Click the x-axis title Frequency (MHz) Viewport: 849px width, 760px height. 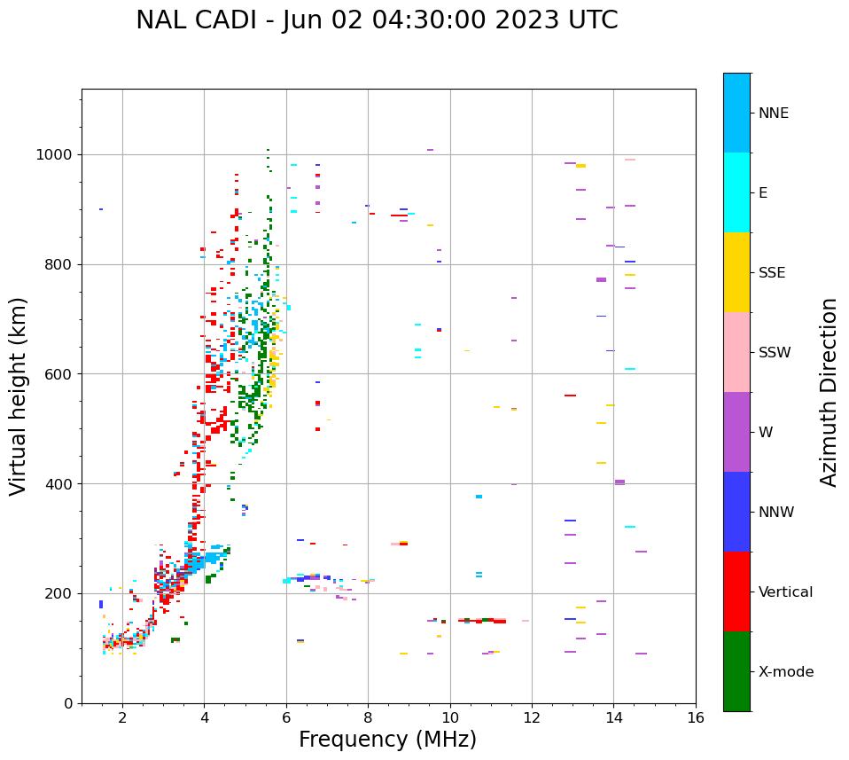pos(387,740)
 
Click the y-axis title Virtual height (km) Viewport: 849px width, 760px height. pos(19,396)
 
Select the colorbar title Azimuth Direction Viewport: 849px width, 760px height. pos(829,392)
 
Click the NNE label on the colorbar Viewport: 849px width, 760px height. pos(773,114)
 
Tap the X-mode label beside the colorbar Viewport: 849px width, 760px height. pos(786,672)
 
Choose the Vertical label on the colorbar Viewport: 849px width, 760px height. pos(785,592)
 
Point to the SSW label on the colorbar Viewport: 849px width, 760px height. pos(775,353)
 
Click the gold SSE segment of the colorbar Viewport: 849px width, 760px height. pos(736,272)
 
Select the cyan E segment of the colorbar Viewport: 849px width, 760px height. pos(736,192)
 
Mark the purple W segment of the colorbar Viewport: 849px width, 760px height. pos(736,432)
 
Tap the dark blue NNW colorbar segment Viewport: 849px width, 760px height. pos(736,512)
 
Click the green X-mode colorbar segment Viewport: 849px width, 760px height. pos(736,671)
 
